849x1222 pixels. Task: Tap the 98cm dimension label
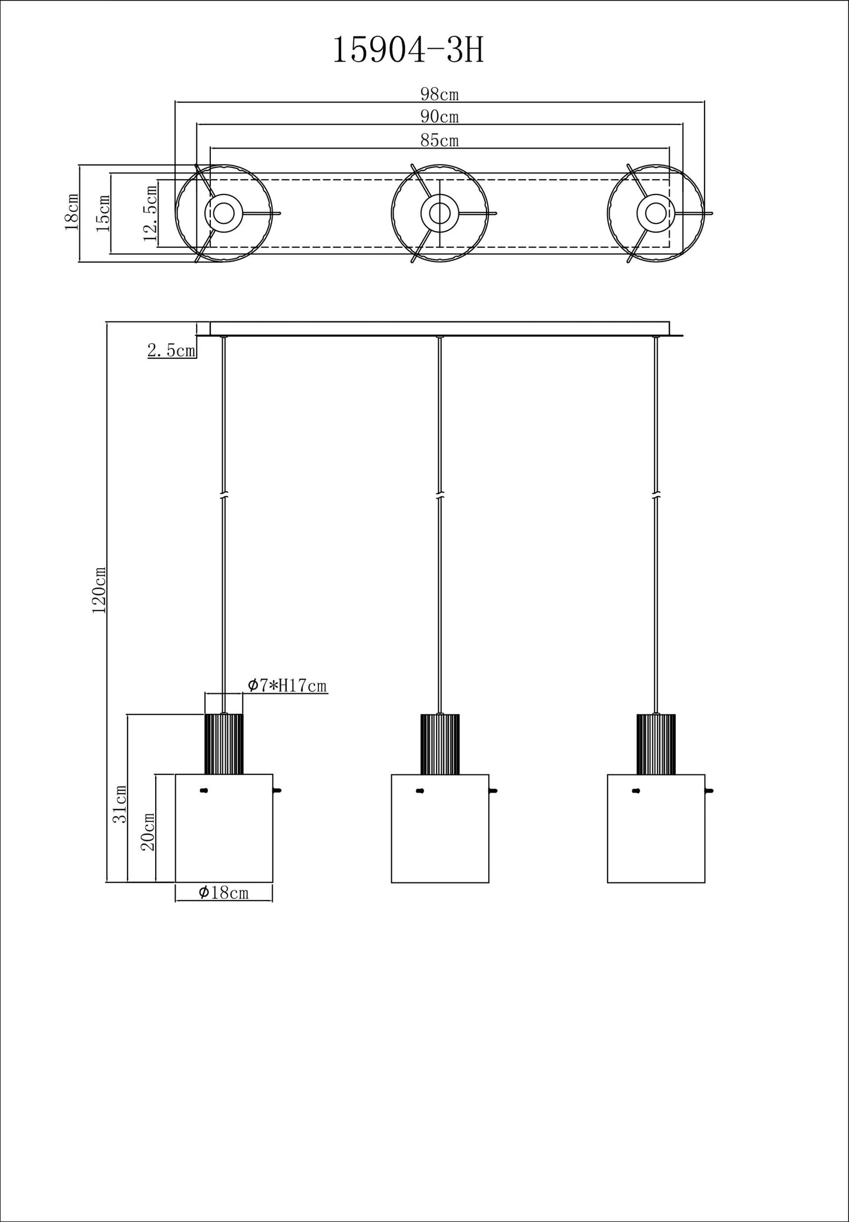click(439, 94)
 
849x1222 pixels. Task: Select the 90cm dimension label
click(439, 117)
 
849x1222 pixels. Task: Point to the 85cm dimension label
click(439, 140)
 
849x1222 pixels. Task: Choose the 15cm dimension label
click(103, 213)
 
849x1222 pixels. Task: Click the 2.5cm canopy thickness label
click(171, 351)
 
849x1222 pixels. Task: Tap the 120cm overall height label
click(99, 590)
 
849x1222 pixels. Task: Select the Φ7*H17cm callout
click(287, 685)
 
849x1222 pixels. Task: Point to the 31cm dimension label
click(120, 803)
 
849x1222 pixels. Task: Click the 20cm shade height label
click(147, 831)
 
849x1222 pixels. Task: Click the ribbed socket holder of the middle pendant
click(439, 743)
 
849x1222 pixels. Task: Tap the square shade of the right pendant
click(656, 828)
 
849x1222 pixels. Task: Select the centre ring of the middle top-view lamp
click(439, 213)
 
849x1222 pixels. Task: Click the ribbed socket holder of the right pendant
click(656, 743)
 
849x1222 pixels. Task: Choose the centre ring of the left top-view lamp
click(223, 213)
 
